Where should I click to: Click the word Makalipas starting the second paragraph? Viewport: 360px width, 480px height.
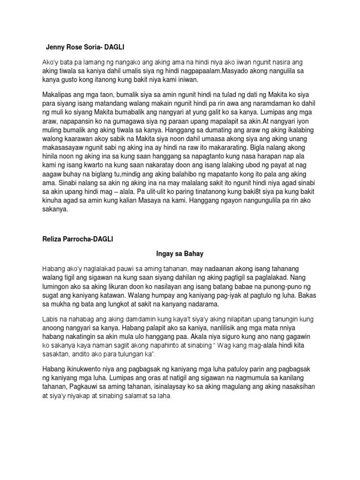click(x=58, y=94)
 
